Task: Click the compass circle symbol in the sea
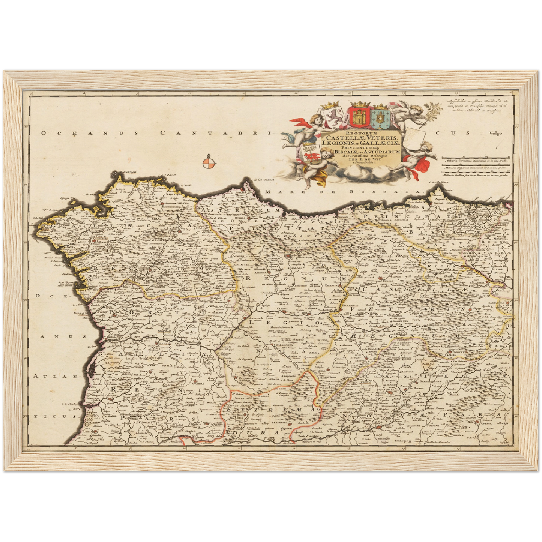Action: pyautogui.click(x=209, y=163)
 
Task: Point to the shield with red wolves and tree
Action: pyautogui.click(x=311, y=153)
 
